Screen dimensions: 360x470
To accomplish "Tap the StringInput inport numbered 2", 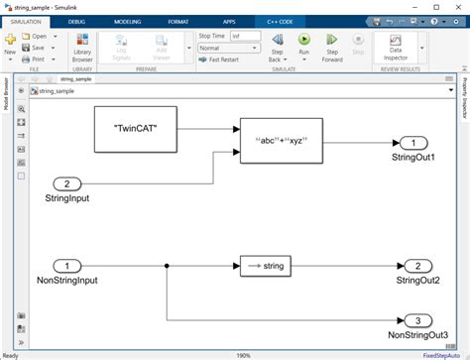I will click(67, 183).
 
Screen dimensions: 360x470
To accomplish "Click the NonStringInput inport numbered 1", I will click(67, 266).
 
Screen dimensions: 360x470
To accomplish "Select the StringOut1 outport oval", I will click(417, 142).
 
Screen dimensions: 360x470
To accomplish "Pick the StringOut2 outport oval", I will click(417, 266).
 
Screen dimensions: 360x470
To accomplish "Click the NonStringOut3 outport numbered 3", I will click(417, 319).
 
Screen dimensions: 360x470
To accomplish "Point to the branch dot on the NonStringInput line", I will click(166, 266).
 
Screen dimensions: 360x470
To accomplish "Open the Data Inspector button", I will click(396, 48).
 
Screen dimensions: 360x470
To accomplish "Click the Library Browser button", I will click(82, 48).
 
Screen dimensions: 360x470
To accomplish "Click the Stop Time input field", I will click(246, 36).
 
